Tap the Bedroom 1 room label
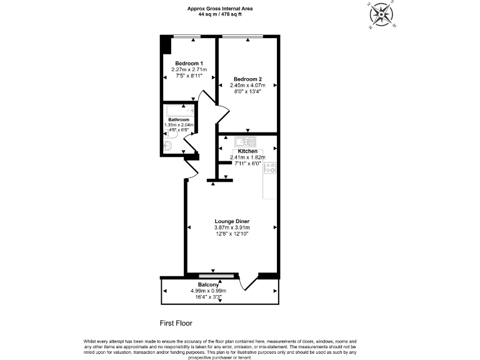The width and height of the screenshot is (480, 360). click(x=188, y=63)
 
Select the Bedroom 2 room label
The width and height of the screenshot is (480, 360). click(x=247, y=79)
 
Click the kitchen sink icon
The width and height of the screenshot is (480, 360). click(x=241, y=142)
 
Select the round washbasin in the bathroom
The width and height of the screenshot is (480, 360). click(x=167, y=146)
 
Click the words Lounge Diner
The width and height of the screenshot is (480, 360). click(x=232, y=221)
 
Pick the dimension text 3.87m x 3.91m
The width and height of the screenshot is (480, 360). click(x=232, y=227)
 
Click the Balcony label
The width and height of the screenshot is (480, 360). click(x=208, y=284)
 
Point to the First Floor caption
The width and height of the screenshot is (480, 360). click(x=176, y=323)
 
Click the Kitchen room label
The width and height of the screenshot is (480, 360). click(x=247, y=151)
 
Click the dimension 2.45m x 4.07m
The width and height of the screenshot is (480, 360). click(x=247, y=85)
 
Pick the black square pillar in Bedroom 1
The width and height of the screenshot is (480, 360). click(x=165, y=46)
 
